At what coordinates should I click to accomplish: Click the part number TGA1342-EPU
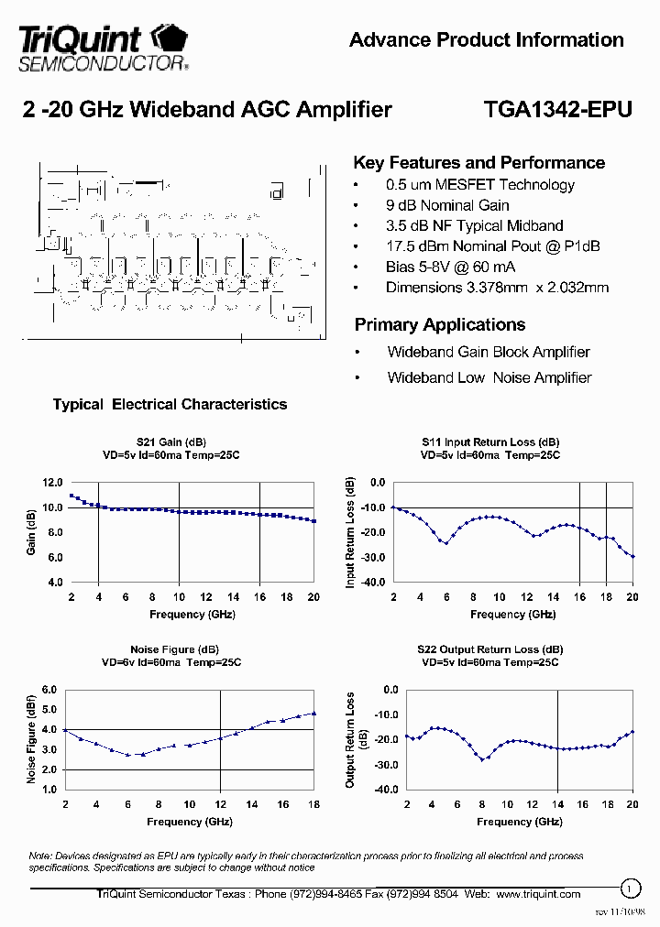pos(557,110)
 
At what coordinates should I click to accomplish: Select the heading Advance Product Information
pos(487,40)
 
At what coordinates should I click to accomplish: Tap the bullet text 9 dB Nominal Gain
pos(447,205)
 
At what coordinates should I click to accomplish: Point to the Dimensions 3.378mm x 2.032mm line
pos(497,288)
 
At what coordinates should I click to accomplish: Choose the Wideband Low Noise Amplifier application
pos(489,377)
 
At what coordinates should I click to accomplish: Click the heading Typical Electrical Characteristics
pos(170,404)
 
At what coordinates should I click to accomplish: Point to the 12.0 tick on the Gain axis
pos(52,483)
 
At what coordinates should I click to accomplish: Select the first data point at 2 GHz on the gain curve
pos(71,496)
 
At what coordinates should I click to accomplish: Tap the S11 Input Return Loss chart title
pos(490,442)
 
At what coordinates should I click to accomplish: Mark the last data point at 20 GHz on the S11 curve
pos(632,556)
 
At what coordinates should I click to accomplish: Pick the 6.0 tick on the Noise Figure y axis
pos(49,690)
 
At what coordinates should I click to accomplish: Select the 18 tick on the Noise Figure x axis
pos(313,804)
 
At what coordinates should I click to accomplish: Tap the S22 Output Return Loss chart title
pos(490,649)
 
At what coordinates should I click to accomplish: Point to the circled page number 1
pos(630,888)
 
